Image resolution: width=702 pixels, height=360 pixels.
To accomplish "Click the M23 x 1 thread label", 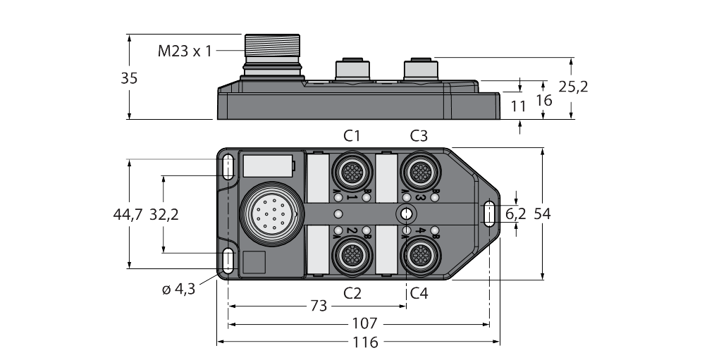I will pyautogui.click(x=184, y=51).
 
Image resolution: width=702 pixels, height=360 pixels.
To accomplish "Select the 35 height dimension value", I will pyautogui.click(x=129, y=78).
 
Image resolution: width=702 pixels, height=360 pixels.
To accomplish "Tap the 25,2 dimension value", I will pyautogui.click(x=572, y=87).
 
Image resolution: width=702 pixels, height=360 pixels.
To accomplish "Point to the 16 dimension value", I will pyautogui.click(x=543, y=99).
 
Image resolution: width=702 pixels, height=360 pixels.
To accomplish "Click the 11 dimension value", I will pyautogui.click(x=519, y=107).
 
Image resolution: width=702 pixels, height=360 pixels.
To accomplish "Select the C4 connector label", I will pyautogui.click(x=419, y=292).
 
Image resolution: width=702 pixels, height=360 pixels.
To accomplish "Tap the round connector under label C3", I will pyautogui.click(x=419, y=170).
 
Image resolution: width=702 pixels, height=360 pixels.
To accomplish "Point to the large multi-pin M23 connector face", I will pyautogui.click(x=272, y=212).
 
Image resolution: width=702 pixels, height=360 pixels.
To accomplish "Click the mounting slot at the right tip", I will pyautogui.click(x=488, y=213).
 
